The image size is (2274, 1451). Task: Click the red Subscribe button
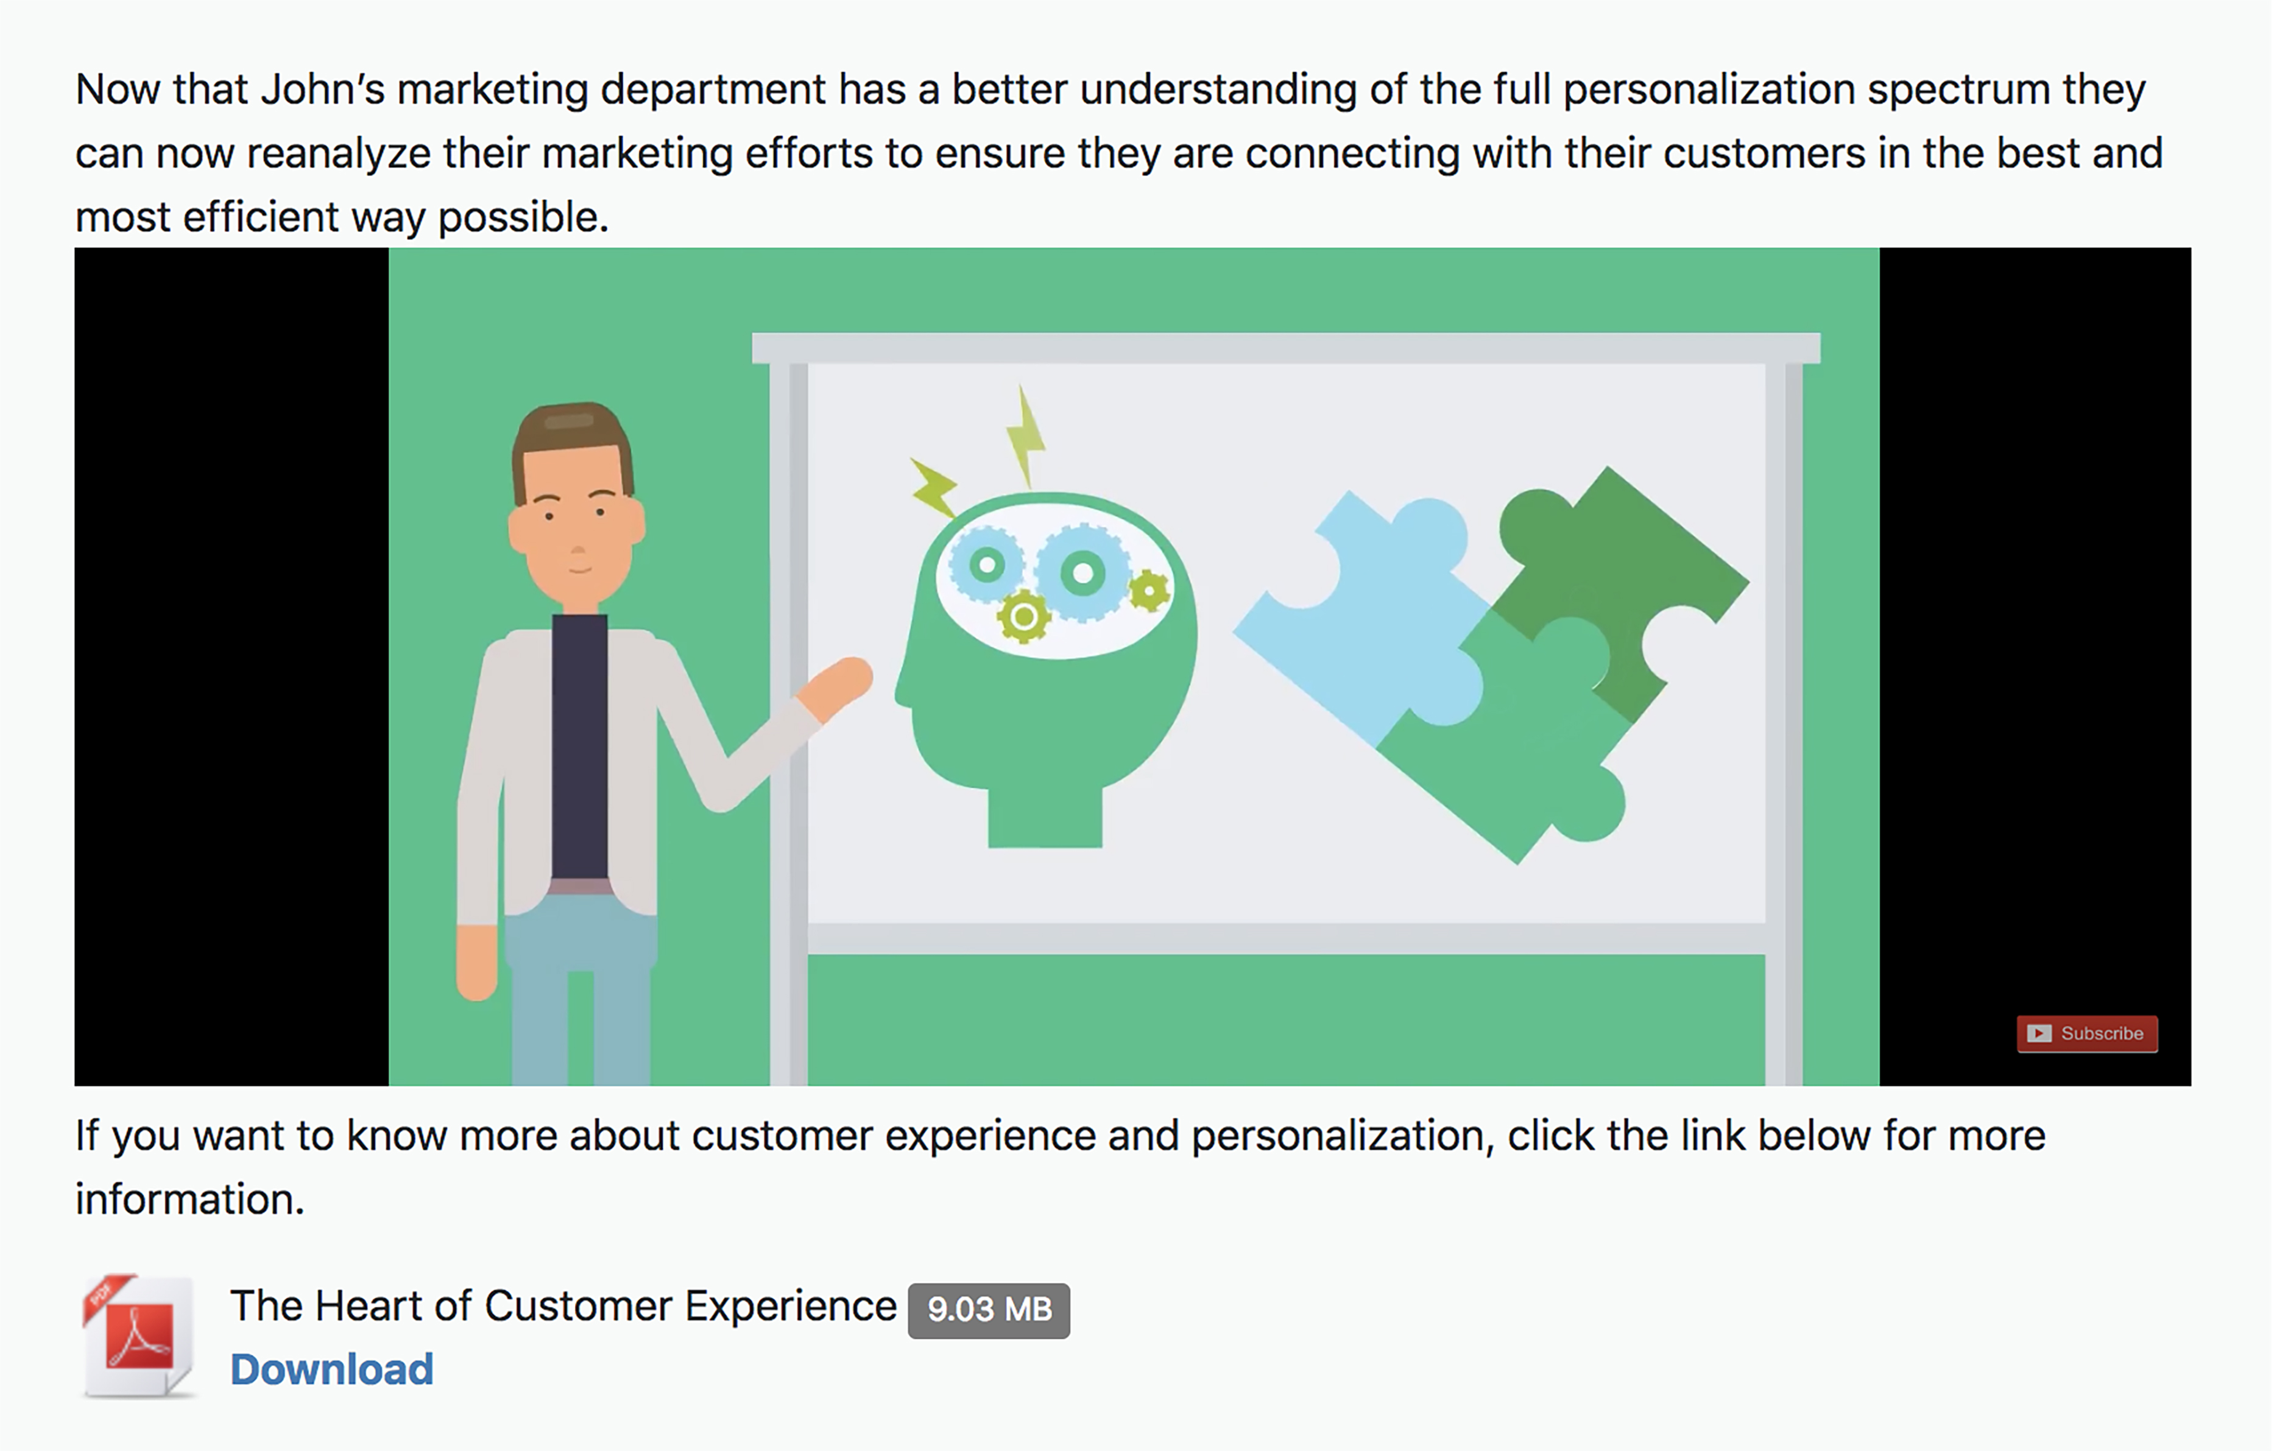click(x=2087, y=1034)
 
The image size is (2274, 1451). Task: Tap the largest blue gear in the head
click(x=1083, y=572)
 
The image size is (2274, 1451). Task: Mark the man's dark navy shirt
click(x=579, y=746)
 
